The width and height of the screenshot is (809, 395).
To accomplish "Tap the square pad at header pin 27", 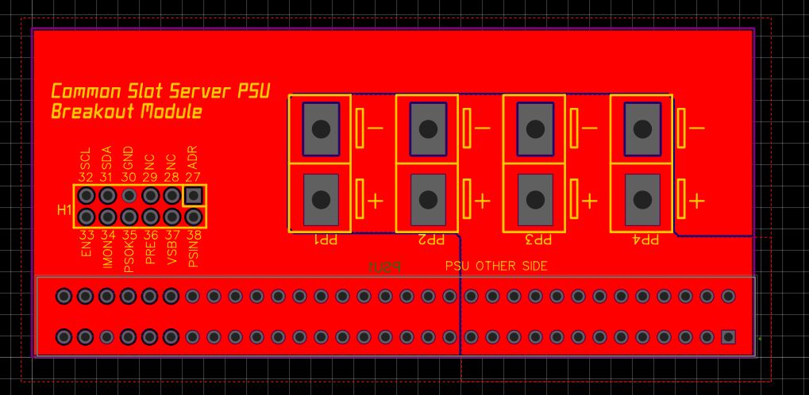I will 193,195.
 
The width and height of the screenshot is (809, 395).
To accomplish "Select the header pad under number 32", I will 86,195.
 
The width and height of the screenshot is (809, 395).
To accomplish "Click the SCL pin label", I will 86,158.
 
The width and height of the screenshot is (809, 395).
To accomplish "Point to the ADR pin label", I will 193,158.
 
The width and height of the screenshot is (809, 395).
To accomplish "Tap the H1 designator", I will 64,210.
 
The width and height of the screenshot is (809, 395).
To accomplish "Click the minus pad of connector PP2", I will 428,128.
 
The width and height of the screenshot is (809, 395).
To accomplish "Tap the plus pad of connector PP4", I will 642,198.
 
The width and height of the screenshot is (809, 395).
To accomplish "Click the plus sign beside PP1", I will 375,200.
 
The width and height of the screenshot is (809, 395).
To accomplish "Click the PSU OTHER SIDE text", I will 496,267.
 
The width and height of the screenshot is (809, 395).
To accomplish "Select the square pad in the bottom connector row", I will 728,337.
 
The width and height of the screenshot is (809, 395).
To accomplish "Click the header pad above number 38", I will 193,217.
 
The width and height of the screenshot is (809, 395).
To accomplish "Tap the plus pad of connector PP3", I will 535,198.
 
